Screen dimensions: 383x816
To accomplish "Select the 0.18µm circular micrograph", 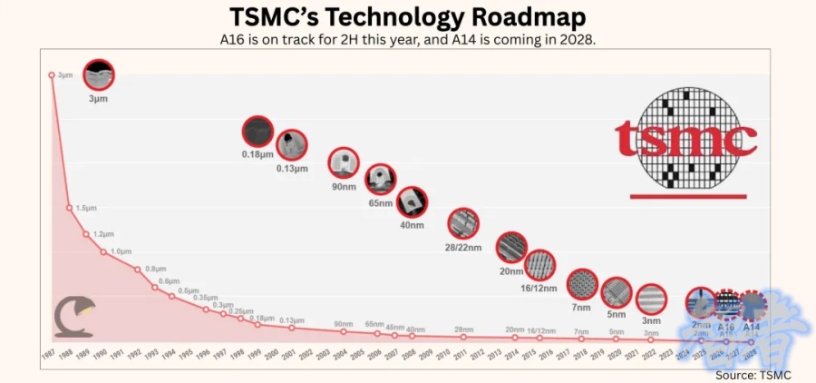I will click(x=257, y=132).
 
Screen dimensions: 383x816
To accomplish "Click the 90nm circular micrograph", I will click(x=344, y=163).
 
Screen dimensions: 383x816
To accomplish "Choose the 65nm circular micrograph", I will click(x=381, y=180).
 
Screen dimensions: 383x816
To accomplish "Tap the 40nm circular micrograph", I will click(x=412, y=201).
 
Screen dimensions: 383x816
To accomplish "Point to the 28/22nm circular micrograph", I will click(x=463, y=223).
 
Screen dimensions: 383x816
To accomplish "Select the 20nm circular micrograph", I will click(x=511, y=247).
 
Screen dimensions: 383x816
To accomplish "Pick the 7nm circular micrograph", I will click(x=582, y=285).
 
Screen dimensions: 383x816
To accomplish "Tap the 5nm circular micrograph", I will click(x=617, y=292).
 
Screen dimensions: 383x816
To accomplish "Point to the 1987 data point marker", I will click(x=52, y=74).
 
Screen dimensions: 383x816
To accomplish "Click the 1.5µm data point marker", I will click(x=69, y=208).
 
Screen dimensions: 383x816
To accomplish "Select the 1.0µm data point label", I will click(x=121, y=251).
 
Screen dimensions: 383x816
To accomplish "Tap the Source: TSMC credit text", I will click(x=753, y=374).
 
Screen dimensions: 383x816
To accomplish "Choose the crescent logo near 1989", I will click(x=72, y=314).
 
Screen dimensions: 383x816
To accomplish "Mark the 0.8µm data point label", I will click(x=156, y=269).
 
